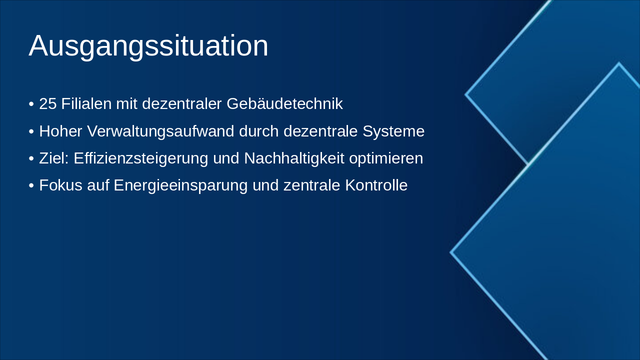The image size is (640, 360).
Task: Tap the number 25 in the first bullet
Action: [47, 103]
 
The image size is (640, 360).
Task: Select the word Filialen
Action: [86, 103]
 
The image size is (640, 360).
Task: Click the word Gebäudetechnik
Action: [284, 103]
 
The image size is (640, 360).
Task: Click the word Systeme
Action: [393, 131]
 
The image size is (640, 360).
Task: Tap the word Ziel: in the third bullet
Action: [54, 158]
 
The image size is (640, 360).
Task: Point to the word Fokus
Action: [61, 185]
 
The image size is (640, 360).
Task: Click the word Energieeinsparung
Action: [180, 185]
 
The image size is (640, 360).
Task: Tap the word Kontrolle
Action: [376, 185]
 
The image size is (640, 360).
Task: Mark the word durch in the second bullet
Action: [259, 131]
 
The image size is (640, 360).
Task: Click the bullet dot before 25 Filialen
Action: [31, 104]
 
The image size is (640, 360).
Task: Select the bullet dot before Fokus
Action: [31, 186]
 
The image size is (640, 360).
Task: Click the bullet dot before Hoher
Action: [31, 132]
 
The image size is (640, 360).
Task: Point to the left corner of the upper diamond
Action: [465, 94]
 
